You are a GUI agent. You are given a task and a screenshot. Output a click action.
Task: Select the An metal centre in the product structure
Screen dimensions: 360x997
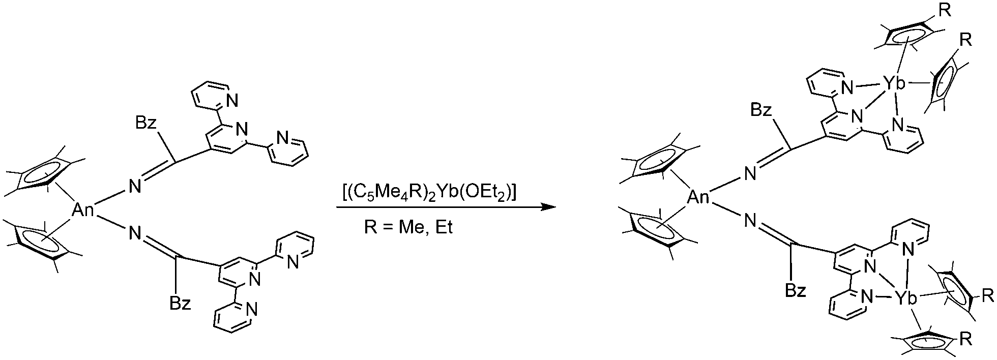[698, 197]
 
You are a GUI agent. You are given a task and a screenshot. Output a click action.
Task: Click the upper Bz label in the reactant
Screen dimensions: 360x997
[148, 124]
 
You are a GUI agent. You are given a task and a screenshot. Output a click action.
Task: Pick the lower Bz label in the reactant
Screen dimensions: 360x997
[181, 304]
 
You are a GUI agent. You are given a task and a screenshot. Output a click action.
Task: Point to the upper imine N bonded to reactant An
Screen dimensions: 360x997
[134, 187]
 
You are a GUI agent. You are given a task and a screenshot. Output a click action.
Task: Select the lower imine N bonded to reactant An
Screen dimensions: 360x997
[134, 233]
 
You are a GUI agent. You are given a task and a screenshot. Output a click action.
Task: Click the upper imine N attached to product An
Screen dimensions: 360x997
[750, 174]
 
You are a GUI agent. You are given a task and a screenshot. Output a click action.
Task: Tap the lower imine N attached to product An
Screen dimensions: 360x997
[750, 221]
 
